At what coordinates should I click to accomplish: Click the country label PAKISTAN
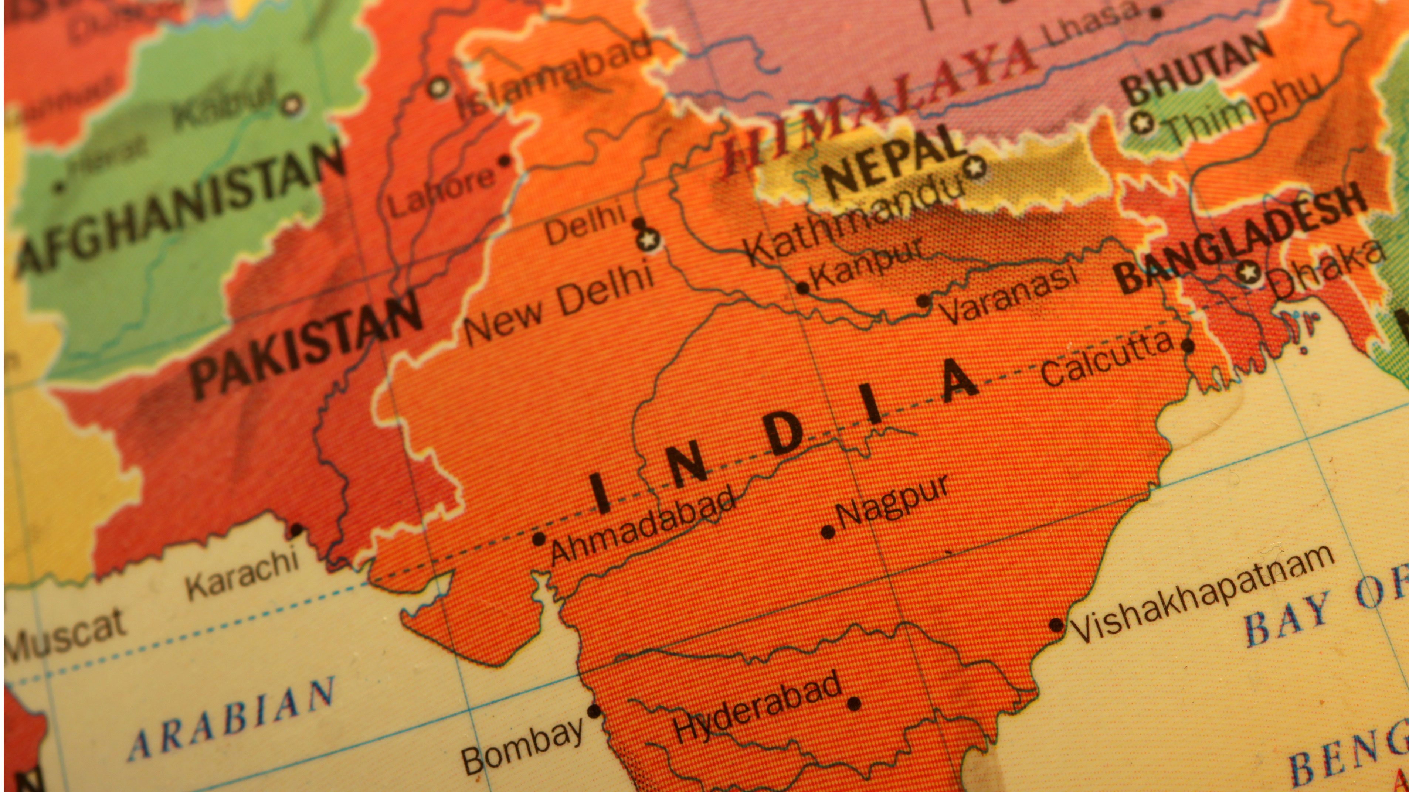(x=306, y=344)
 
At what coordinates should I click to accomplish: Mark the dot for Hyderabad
(x=853, y=703)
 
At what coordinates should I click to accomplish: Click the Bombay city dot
(x=594, y=711)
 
